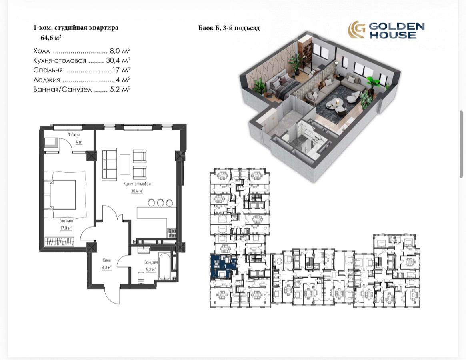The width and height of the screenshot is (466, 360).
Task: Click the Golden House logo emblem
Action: [x=357, y=30]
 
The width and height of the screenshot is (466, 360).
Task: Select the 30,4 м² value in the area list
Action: [x=118, y=60]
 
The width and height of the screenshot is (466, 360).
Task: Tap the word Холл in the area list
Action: [x=42, y=51]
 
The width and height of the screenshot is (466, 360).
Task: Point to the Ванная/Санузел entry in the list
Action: [x=62, y=89]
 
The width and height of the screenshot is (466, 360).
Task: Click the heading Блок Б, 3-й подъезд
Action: [x=229, y=28]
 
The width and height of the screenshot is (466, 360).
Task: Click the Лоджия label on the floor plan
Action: [x=74, y=135]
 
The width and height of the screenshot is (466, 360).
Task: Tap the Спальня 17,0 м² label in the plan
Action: [x=66, y=224]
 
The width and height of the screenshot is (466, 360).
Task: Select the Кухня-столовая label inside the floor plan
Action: [x=137, y=184]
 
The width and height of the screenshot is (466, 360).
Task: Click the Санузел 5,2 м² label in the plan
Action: [x=151, y=266]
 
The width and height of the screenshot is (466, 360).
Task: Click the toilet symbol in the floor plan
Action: [x=142, y=278]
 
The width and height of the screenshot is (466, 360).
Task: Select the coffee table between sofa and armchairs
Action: [x=125, y=164]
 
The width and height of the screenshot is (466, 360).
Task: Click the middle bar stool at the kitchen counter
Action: [x=160, y=203]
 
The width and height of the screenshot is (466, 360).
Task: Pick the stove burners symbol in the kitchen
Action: [x=172, y=233]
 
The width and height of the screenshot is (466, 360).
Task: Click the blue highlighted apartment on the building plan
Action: [x=224, y=266]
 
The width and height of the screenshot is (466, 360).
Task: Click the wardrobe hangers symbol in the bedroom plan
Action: [x=60, y=241]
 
